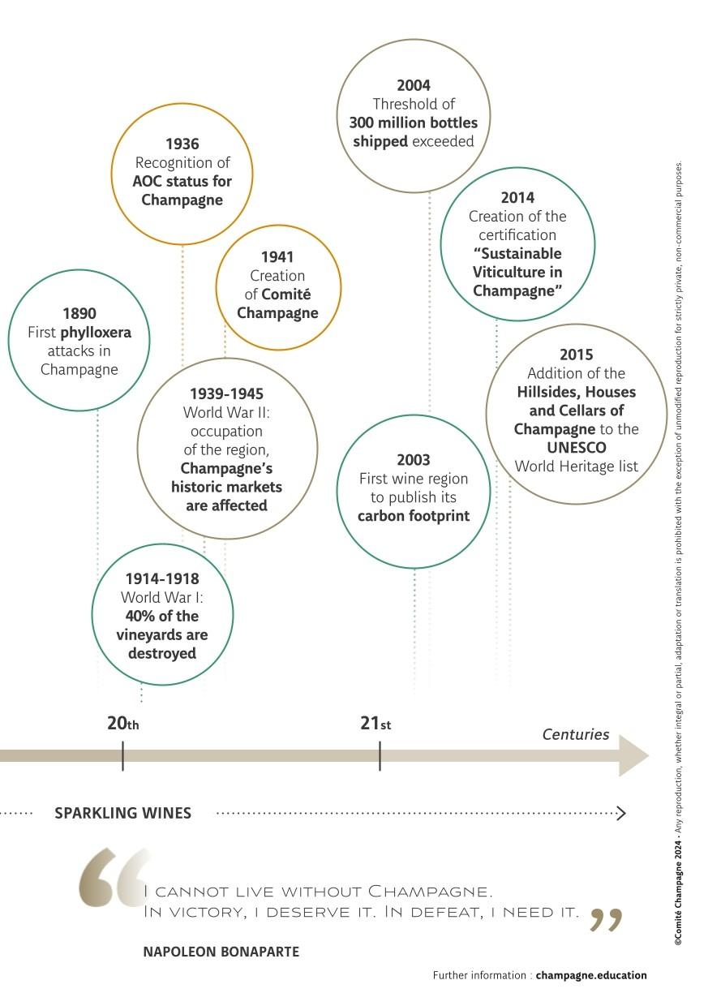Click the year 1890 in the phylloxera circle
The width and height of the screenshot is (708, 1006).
coord(79,313)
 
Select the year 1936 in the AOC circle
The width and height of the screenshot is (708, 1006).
coord(182,144)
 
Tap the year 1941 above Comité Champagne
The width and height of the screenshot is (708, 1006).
coord(277,256)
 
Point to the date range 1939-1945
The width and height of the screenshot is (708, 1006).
coord(226,393)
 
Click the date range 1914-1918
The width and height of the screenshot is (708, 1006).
coord(161,578)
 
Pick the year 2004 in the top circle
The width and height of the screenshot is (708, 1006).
coord(413,85)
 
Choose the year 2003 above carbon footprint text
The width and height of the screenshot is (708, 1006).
coord(413,459)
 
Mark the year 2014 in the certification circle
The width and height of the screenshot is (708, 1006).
coord(517,197)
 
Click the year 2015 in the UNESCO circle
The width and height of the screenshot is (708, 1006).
coord(576,355)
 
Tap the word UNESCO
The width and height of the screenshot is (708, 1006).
coord(576,447)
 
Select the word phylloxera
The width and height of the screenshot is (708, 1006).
coord(96,333)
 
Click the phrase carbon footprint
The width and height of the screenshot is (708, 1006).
coord(414,516)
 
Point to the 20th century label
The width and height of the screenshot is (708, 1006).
coord(123,723)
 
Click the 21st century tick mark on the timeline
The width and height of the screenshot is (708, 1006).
coord(380,755)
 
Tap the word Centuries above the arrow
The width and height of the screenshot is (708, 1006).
coord(575,734)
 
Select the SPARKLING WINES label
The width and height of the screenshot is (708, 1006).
coord(123,812)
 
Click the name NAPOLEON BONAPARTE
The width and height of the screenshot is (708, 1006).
coord(221,952)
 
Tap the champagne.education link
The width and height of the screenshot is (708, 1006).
coord(591,975)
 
